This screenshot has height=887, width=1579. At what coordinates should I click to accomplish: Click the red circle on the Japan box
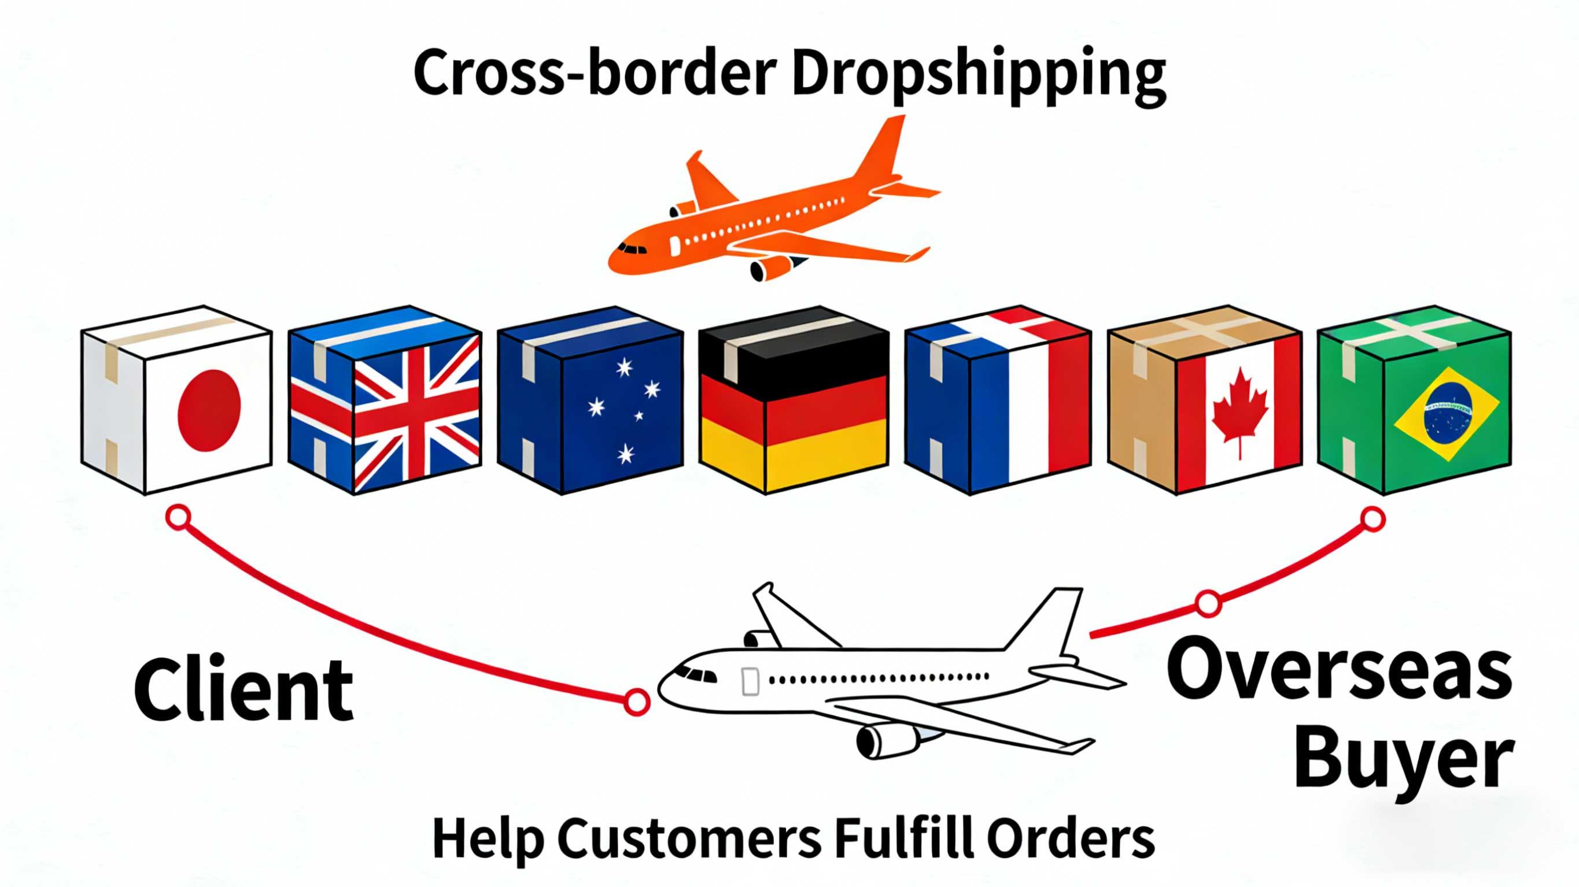pyautogui.click(x=209, y=410)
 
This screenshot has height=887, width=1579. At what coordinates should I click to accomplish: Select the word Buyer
pyautogui.click(x=1404, y=760)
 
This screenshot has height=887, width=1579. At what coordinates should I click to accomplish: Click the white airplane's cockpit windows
pyautogui.click(x=695, y=674)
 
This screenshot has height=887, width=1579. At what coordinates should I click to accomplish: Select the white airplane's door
pyautogui.click(x=750, y=681)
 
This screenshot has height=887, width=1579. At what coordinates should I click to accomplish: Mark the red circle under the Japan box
pyautogui.click(x=178, y=517)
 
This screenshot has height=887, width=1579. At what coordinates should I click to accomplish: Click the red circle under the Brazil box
pyautogui.click(x=1373, y=519)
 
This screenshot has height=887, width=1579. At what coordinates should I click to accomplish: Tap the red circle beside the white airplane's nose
pyautogui.click(x=637, y=702)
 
